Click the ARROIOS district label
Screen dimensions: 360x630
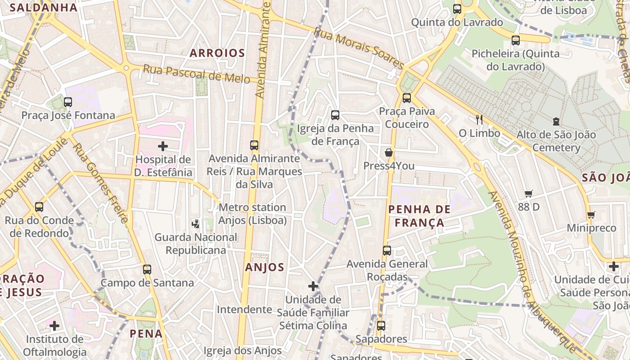[217, 53]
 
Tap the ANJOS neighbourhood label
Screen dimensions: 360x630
[265, 267]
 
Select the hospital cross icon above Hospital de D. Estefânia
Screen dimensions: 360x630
[163, 146]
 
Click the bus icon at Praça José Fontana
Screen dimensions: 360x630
[68, 102]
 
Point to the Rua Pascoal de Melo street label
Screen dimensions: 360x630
[196, 74]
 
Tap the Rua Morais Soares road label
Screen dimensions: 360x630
[359, 48]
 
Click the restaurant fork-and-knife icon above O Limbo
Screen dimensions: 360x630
[479, 119]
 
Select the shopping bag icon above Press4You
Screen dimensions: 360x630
[389, 153]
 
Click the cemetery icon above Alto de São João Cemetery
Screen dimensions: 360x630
[556, 121]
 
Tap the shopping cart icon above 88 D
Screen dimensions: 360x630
[529, 193]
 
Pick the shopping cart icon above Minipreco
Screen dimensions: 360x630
[591, 214]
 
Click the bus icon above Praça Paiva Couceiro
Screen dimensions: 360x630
[407, 98]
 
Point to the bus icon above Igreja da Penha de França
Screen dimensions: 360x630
[335, 115]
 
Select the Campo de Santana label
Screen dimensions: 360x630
[147, 283]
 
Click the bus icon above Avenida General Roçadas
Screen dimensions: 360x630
[387, 251]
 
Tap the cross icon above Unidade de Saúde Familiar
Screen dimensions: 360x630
[313, 286]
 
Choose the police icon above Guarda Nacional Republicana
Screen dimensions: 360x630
[196, 223]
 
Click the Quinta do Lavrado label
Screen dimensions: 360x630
[457, 22]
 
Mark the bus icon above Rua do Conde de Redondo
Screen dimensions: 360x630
[39, 207]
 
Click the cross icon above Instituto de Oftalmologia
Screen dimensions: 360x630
[54, 325]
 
